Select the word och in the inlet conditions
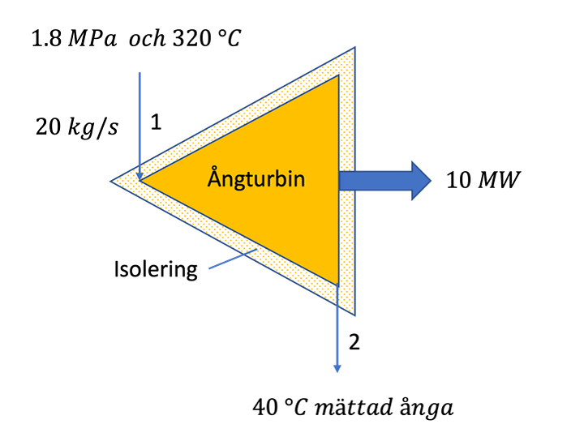click(143, 37)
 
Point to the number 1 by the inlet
click(157, 123)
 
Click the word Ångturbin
click(255, 178)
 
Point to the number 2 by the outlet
click(354, 341)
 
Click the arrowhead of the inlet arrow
click(140, 174)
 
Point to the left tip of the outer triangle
click(112, 180)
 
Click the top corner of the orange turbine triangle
click(337, 76)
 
